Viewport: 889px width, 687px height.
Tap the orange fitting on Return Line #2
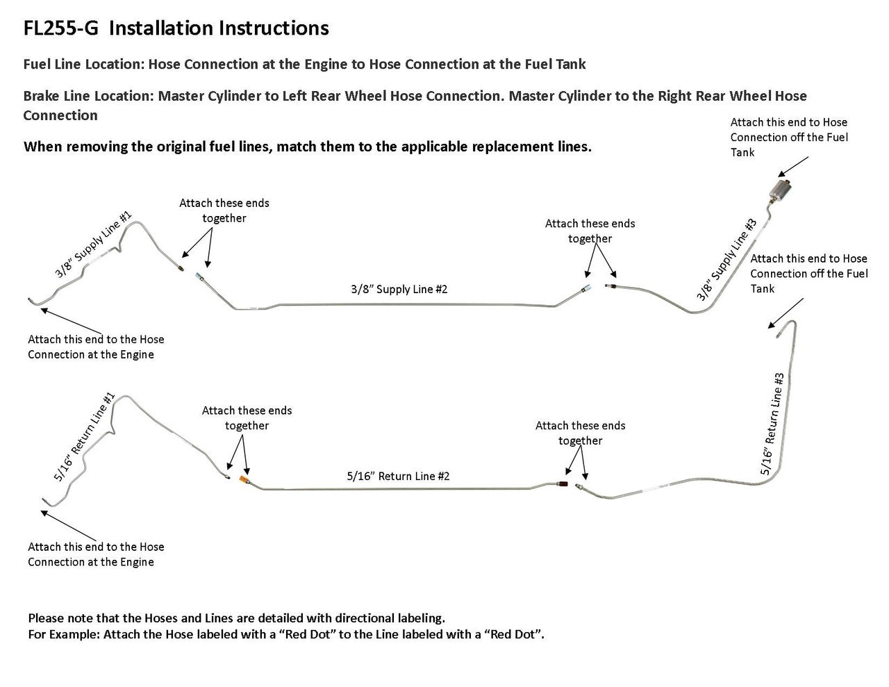tap(244, 481)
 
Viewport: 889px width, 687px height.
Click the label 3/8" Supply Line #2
tap(399, 289)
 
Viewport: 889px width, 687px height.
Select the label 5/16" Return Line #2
tap(398, 477)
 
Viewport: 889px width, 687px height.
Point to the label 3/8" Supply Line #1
tap(93, 245)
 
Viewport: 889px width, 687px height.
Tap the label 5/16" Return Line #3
tap(772, 424)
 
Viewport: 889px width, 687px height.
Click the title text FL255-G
tap(61, 28)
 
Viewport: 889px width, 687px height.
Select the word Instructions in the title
tap(274, 28)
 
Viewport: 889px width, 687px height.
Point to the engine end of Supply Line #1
tap(31, 300)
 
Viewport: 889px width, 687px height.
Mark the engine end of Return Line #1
tap(43, 500)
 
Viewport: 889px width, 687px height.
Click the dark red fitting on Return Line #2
tap(563, 482)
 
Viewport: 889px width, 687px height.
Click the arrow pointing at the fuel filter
tap(792, 167)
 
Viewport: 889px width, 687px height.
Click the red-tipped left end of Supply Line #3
tap(610, 285)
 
